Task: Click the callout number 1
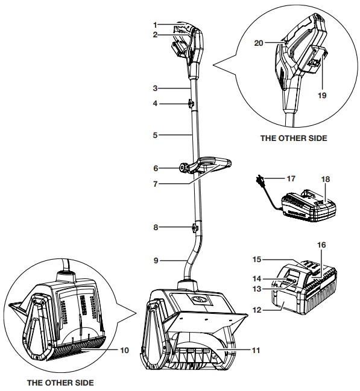pyautogui.click(x=155, y=25)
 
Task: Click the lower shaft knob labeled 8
pyautogui.click(x=194, y=228)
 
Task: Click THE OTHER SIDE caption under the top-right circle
pyautogui.click(x=293, y=138)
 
